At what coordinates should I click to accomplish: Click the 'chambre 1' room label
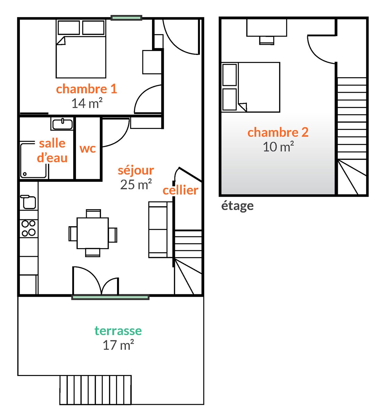point(86,89)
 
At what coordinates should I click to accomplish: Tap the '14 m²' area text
point(87,103)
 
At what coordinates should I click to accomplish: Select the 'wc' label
point(88,148)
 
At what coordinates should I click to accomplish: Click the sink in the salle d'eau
point(62,124)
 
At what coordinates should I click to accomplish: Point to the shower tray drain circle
point(25,174)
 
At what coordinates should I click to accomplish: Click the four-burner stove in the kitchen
point(29,228)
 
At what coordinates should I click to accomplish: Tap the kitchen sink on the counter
point(28,202)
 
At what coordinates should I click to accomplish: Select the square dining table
point(93,233)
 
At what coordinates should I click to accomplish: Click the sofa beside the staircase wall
point(160,229)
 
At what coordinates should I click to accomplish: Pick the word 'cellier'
point(181,190)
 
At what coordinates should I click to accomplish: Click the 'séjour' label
point(136,170)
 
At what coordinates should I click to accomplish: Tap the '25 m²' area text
point(136,185)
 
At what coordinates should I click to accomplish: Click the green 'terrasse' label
point(118,331)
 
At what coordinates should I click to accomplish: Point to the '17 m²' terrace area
point(118,345)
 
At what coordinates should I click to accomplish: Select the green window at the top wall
point(126,18)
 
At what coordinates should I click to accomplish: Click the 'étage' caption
point(237,206)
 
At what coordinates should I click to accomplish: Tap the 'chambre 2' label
point(278,132)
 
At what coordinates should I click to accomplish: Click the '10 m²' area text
point(278,147)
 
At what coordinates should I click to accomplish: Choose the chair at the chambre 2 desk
point(267,40)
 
